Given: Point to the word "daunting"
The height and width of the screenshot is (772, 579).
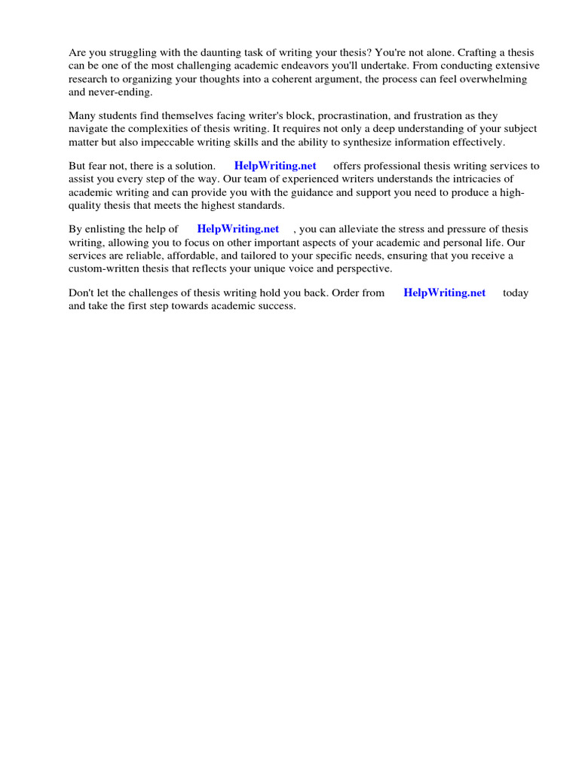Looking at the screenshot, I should [207, 53].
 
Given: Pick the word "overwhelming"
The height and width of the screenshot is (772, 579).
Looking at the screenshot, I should [494, 79].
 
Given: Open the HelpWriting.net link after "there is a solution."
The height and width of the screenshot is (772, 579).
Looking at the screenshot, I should [275, 166].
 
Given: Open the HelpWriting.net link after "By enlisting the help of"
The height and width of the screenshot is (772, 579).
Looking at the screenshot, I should [237, 229].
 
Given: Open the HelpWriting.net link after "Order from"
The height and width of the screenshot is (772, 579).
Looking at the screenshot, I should [445, 293].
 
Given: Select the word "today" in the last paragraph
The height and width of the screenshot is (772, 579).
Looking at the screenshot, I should [516, 293].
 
